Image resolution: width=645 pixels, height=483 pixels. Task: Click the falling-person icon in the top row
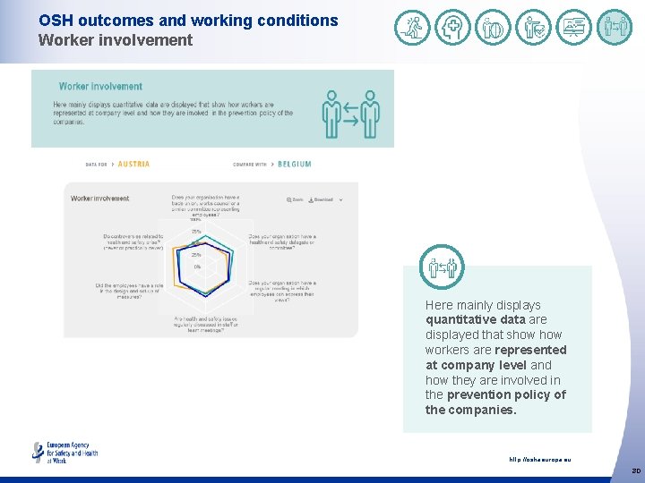(x=413, y=28)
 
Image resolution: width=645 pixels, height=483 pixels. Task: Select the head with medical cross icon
(x=452, y=28)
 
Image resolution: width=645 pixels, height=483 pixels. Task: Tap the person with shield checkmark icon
(x=535, y=28)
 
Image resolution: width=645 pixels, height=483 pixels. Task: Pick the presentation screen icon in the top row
(x=574, y=28)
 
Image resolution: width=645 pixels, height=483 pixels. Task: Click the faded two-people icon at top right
(x=615, y=28)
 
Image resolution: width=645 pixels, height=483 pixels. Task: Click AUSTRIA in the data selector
(x=133, y=165)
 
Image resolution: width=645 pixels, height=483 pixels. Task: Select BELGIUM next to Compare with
(x=295, y=165)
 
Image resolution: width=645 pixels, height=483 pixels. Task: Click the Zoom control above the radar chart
(x=294, y=199)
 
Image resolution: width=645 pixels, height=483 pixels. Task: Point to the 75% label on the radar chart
(x=195, y=232)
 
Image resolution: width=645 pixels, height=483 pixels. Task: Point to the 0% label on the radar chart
(x=196, y=267)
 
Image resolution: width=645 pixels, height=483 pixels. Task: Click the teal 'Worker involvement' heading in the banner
(x=100, y=87)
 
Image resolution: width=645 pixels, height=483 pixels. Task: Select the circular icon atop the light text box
(x=442, y=266)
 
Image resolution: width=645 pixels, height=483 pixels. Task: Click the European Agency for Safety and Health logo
(x=64, y=452)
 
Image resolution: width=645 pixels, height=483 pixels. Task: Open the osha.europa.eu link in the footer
(x=539, y=460)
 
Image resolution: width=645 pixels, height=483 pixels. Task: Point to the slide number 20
(x=635, y=470)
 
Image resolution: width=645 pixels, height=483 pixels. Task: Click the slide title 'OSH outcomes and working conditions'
(x=188, y=21)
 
